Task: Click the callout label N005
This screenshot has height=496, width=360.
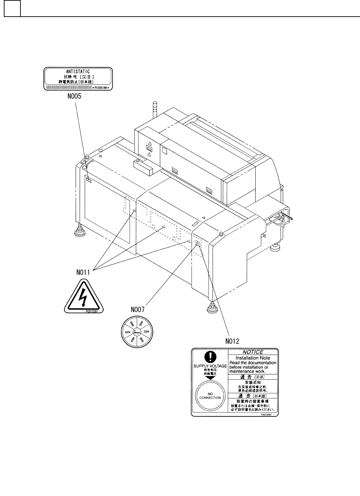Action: coord(74,97)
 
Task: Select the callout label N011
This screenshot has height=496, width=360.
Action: coord(83,272)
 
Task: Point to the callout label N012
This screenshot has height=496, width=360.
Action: coord(232,341)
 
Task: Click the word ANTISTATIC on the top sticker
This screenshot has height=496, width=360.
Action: coord(78,71)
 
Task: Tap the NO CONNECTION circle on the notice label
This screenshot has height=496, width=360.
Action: coord(210,396)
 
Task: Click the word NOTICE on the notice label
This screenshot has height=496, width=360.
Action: coord(253,352)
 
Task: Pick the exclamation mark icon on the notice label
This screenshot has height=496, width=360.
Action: coord(210,356)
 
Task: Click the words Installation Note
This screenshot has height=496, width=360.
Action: coord(253,358)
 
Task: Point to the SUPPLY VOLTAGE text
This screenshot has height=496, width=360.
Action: coord(210,366)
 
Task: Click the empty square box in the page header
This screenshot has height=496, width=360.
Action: coord(12,8)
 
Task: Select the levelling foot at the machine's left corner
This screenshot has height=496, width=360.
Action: coord(80,231)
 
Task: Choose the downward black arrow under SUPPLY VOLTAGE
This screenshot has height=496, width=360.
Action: coord(210,378)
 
